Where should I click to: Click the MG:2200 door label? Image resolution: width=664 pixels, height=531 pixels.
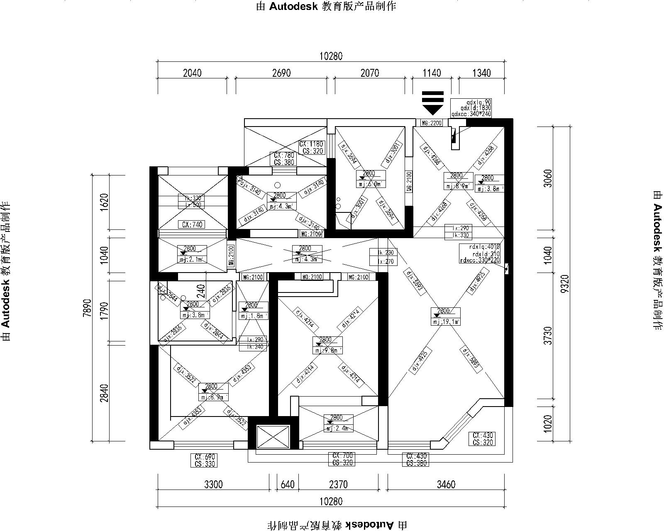click(432, 123)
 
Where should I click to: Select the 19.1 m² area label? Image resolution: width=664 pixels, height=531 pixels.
click(446, 322)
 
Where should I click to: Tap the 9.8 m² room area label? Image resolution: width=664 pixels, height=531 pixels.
click(328, 351)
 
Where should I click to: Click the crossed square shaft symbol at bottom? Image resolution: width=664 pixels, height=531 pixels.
click(273, 436)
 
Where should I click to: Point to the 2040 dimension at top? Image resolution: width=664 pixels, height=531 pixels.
click(192, 73)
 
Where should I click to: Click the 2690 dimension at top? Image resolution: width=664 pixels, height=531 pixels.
click(281, 73)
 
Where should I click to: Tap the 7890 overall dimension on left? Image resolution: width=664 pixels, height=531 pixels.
click(86, 307)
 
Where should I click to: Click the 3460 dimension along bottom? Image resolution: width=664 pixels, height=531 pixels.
click(446, 484)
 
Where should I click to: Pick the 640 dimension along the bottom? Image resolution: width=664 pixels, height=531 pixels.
click(288, 484)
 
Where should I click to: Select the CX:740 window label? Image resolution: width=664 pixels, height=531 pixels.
click(192, 225)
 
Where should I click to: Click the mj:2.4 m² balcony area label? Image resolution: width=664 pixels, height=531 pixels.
click(339, 429)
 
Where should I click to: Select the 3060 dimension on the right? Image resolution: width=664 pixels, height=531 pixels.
click(548, 178)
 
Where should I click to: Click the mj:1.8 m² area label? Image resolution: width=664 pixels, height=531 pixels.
click(253, 316)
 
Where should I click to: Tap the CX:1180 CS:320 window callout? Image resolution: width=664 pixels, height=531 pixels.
click(311, 148)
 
